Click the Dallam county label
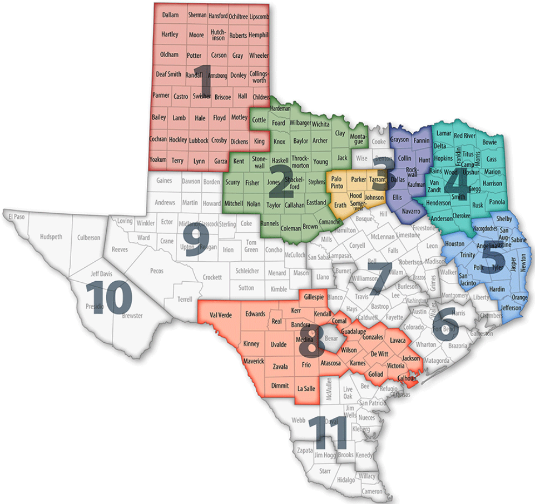click(x=170, y=15)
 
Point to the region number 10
click(x=109, y=297)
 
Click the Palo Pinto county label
click(x=337, y=183)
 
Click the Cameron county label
click(x=372, y=492)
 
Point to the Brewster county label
click(x=132, y=316)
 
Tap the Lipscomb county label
click(x=259, y=16)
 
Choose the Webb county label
click(x=299, y=420)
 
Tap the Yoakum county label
click(x=158, y=161)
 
